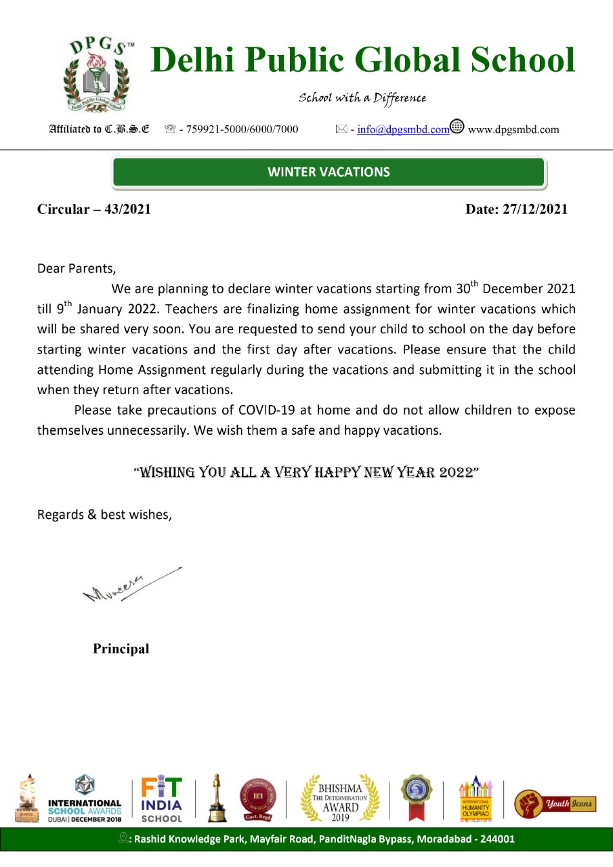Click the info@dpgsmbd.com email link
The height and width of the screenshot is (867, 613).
403,129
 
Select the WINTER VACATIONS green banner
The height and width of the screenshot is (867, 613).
329,172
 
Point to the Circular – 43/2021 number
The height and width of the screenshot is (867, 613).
93,209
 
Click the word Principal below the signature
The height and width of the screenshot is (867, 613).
121,649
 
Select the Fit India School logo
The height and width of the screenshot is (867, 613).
162,799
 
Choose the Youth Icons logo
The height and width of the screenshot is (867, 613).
555,804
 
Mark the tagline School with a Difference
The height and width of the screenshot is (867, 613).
362,98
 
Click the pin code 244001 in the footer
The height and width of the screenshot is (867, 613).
498,839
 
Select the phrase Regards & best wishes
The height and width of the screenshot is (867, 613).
104,514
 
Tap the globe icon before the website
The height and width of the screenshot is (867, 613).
457,127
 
